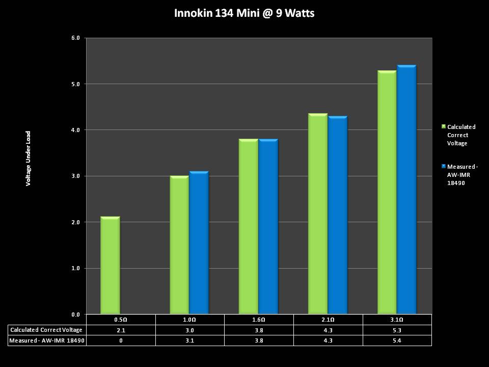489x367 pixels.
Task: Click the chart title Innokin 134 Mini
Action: tap(244, 13)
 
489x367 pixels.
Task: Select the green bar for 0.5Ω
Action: tap(110, 265)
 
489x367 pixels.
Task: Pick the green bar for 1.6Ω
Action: tap(248, 227)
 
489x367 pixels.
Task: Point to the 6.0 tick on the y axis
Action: tap(76, 38)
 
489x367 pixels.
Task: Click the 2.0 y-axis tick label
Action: tap(76, 222)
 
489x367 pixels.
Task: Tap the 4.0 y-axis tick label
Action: tap(76, 130)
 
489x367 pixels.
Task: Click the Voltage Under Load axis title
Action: tap(29, 158)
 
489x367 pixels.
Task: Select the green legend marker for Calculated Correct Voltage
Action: tap(444, 126)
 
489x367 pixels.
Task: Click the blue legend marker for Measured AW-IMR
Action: tap(444, 166)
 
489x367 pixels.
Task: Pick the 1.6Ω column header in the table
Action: tap(259, 320)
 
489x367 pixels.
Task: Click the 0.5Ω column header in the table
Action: tap(121, 320)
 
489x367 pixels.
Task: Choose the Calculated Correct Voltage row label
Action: tap(46, 330)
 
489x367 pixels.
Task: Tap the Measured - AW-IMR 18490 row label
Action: tap(46, 340)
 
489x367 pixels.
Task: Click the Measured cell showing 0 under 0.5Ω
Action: tap(121, 340)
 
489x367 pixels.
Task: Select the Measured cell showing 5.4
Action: tap(397, 340)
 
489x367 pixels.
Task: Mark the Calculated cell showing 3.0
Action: tap(189, 330)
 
